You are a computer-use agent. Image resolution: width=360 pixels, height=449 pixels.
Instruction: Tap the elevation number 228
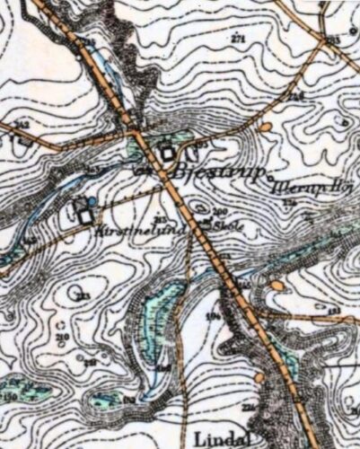[296, 96]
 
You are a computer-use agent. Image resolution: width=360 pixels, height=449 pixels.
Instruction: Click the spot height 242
[22, 125]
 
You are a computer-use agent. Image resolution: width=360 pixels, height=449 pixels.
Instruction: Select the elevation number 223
[83, 297]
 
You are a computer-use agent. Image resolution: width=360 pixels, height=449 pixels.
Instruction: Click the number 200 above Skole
[220, 210]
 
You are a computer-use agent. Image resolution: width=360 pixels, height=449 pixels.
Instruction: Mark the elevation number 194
[214, 315]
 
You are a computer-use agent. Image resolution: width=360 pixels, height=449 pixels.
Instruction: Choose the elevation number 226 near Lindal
[248, 408]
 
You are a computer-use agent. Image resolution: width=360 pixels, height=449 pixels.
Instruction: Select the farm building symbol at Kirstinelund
[84, 216]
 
